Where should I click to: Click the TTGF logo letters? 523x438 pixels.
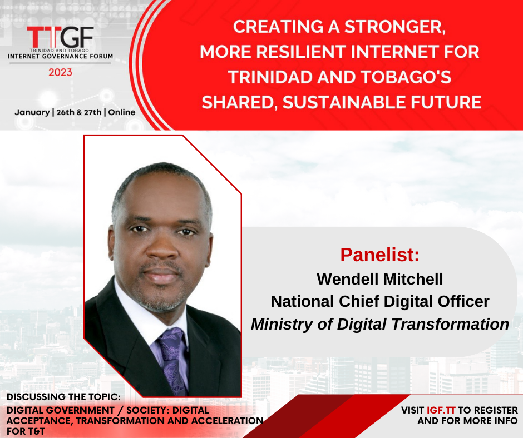tap(60, 37)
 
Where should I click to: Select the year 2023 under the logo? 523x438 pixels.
tap(61, 72)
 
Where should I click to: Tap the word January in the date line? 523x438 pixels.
tap(32, 112)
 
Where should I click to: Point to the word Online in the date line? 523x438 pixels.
tap(122, 112)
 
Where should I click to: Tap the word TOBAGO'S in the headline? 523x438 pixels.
tap(406, 77)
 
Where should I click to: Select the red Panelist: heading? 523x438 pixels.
tap(379, 255)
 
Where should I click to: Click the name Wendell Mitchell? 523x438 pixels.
tap(380, 279)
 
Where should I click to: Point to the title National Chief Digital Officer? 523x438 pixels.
tap(380, 301)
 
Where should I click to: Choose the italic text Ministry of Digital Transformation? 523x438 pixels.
tap(380, 324)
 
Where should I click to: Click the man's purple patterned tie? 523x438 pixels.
tap(172, 359)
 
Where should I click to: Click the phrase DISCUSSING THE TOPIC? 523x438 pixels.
tap(63, 397)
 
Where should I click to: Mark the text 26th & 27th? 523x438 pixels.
tap(78, 112)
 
